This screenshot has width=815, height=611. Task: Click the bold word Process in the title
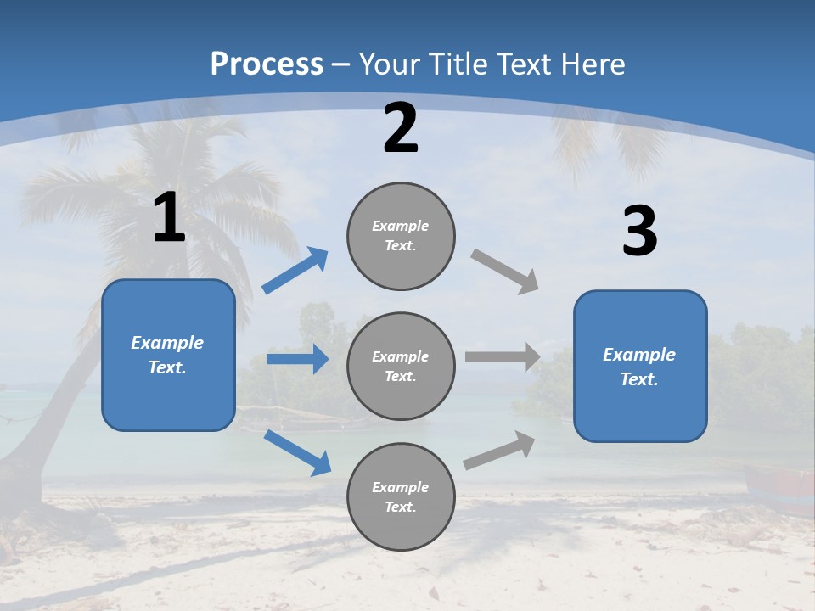click(x=267, y=64)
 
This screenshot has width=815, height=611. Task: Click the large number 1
click(x=169, y=218)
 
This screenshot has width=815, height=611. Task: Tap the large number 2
click(x=401, y=128)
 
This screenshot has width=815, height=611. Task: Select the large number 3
click(x=639, y=232)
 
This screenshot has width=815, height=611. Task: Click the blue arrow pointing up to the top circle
click(x=295, y=271)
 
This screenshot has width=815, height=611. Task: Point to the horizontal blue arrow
click(x=297, y=359)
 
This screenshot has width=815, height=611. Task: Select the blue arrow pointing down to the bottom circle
click(x=297, y=452)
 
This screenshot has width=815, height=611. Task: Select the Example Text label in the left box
click(x=167, y=355)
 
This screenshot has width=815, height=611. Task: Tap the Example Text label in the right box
click(x=639, y=367)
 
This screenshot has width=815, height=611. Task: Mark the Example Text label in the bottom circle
click(x=400, y=497)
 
